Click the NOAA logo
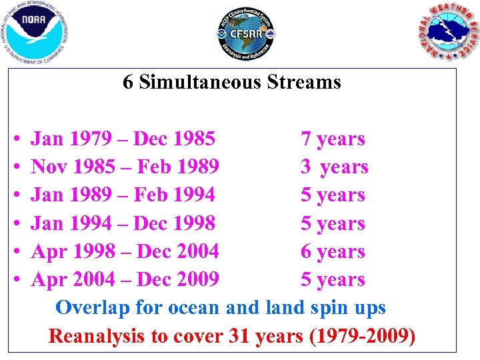pyautogui.click(x=35, y=31)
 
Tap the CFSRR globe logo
pyautogui.click(x=246, y=35)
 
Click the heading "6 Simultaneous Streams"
pyautogui.click(x=232, y=82)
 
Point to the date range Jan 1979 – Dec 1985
pyautogui.click(x=123, y=139)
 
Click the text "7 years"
pyautogui.click(x=333, y=139)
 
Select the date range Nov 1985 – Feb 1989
pyautogui.click(x=125, y=167)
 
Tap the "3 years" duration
pyautogui.click(x=334, y=167)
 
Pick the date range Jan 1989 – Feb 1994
pyautogui.click(x=123, y=195)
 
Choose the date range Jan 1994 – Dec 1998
pyautogui.click(x=123, y=223)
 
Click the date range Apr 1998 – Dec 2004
pyautogui.click(x=125, y=251)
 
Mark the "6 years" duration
pyautogui.click(x=333, y=251)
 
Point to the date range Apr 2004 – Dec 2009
pyautogui.click(x=125, y=279)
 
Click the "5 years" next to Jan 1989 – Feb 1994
pyautogui.click(x=333, y=195)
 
